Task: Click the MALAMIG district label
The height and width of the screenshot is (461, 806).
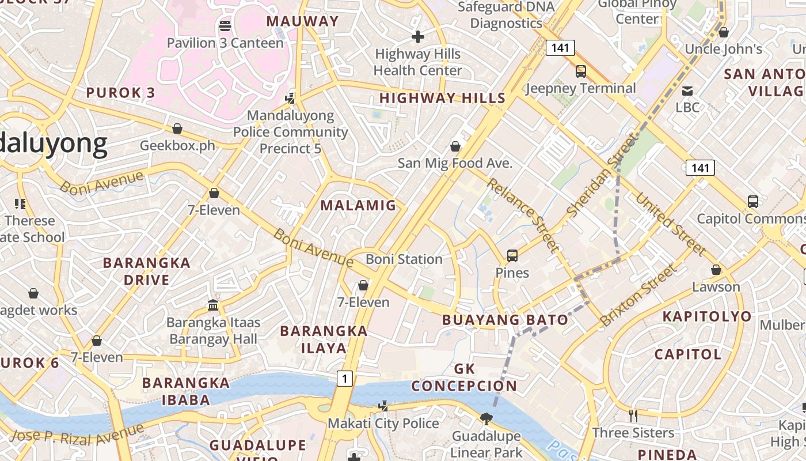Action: tap(358, 205)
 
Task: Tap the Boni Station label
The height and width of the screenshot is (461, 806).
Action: tap(404, 259)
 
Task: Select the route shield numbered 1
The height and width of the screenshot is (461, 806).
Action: tap(344, 379)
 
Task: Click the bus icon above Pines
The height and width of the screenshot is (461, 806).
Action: tap(512, 255)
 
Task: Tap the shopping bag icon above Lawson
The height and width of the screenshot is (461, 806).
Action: tap(716, 270)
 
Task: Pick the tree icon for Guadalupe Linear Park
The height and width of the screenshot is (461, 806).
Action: tap(486, 418)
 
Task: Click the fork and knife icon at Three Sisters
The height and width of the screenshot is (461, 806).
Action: tap(633, 415)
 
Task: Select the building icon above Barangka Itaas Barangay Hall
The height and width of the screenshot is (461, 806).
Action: tap(213, 305)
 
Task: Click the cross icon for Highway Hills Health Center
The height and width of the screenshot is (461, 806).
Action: tap(418, 37)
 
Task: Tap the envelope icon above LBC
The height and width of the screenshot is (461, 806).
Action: tap(687, 90)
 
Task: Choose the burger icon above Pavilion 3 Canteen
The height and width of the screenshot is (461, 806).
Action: tap(225, 25)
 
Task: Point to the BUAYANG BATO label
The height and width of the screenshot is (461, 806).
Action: tap(505, 320)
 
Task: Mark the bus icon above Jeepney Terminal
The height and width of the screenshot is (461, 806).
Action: tap(581, 71)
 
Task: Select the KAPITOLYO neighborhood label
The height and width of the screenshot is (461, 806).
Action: tap(707, 316)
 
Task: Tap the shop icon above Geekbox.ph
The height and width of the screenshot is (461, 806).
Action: tap(177, 128)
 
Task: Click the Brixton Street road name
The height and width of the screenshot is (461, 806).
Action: tap(639, 295)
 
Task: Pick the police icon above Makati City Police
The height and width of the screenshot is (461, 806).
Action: tap(383, 406)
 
